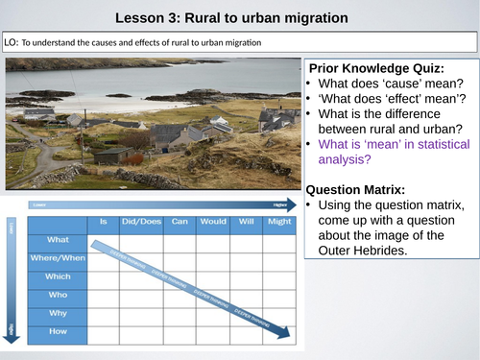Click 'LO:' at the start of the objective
point(12,42)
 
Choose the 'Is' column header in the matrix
point(103,221)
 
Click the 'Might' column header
point(280,221)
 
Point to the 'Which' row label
point(58,275)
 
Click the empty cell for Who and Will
point(247,293)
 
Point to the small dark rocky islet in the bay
point(120,94)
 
